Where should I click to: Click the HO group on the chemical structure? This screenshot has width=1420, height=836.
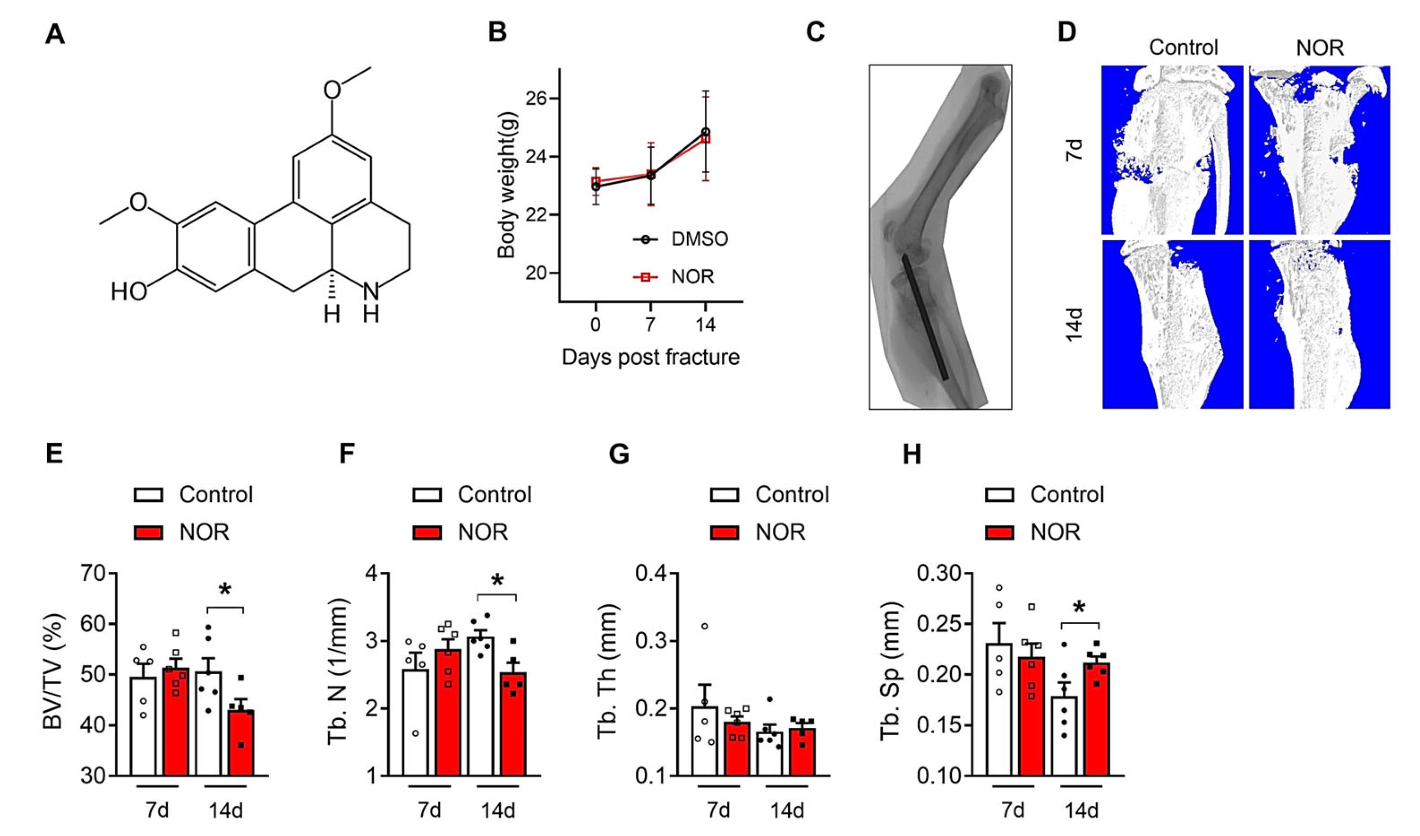coord(129,292)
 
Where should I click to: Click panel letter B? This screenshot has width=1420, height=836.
coord(497,33)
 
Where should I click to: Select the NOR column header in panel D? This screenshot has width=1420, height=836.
coord(1320,48)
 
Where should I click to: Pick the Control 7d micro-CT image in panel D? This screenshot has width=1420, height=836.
coord(1172,150)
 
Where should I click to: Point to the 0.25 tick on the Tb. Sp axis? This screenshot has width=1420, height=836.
coord(938,624)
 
